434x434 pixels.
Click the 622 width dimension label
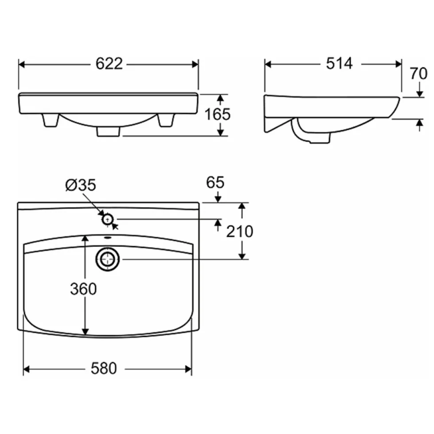coord(109,64)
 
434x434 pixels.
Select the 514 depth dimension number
coord(339,63)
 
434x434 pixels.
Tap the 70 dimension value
coord(418,74)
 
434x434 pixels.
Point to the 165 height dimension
coord(217,114)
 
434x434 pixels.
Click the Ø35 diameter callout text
coord(81,185)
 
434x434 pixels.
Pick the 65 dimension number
coord(215,182)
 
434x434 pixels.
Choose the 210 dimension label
coord(240,231)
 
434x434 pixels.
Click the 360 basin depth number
coord(83,289)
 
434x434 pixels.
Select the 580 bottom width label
coord(104,368)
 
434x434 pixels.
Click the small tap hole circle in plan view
coord(108,220)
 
